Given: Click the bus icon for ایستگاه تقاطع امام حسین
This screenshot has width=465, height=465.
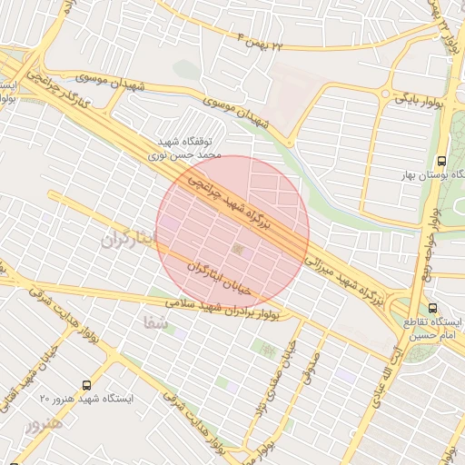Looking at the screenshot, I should coord(432,308).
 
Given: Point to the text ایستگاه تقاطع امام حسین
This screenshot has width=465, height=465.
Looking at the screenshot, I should coord(433,329).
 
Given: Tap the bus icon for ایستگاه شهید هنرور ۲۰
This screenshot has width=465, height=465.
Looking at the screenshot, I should coord(86,384).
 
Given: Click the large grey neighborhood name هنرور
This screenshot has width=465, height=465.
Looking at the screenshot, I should coord(45,424).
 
